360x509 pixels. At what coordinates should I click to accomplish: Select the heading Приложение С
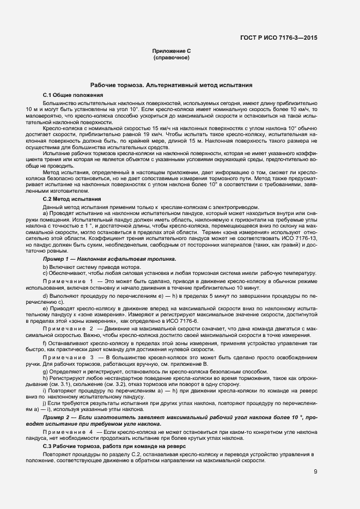pos(171,51)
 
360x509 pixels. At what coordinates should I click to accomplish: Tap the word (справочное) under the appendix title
pos(171,57)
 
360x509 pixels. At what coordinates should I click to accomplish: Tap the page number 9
pos(315,472)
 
